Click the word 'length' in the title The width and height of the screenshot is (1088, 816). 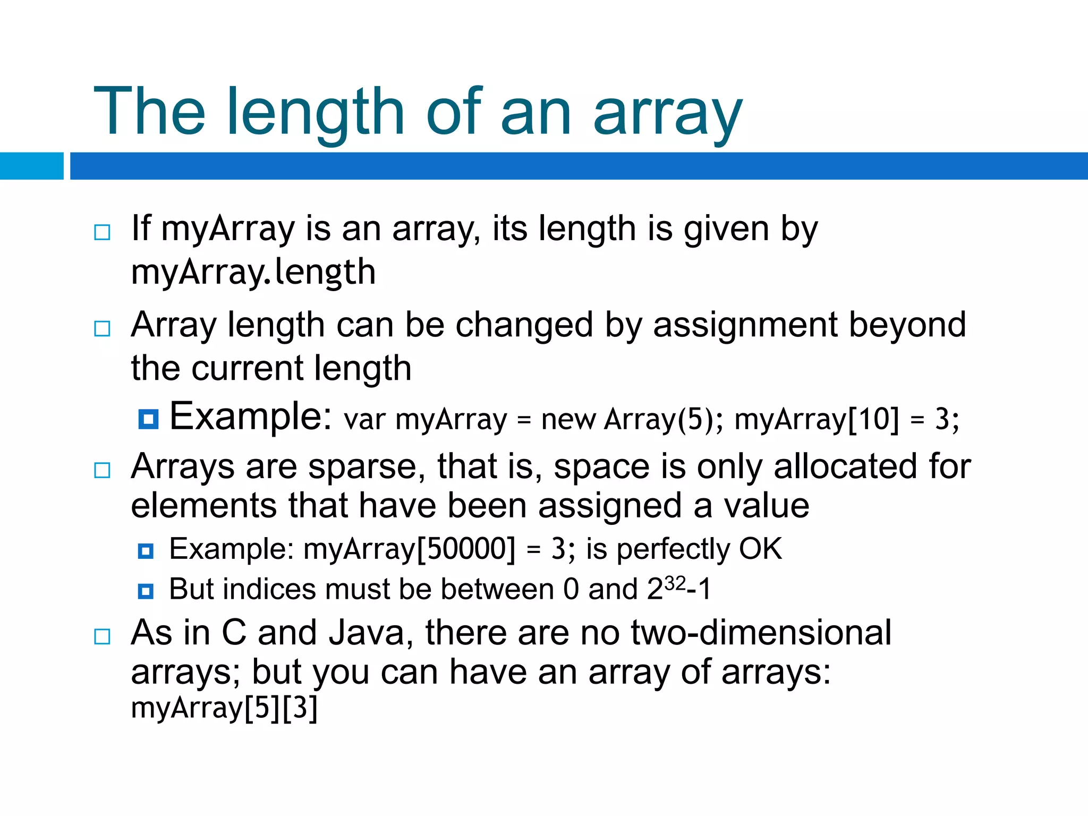click(x=316, y=113)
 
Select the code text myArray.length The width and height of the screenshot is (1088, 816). click(x=253, y=272)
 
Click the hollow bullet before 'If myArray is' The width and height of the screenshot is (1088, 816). click(x=102, y=232)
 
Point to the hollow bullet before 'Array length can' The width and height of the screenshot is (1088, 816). click(x=102, y=328)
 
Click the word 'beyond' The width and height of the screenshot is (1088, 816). click(x=907, y=325)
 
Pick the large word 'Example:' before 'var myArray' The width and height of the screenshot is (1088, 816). click(x=251, y=416)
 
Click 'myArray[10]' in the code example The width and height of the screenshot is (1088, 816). click(x=817, y=419)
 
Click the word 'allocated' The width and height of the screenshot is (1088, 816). click(x=846, y=466)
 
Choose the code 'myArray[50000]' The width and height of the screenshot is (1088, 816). click(x=410, y=549)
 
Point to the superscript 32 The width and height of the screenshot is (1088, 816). click(x=675, y=583)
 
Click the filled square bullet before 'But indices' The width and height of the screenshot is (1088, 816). click(x=146, y=591)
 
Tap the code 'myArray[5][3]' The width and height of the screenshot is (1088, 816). click(x=224, y=708)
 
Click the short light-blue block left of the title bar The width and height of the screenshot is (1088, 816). click(x=31, y=166)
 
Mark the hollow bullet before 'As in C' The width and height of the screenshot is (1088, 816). click(x=102, y=636)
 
